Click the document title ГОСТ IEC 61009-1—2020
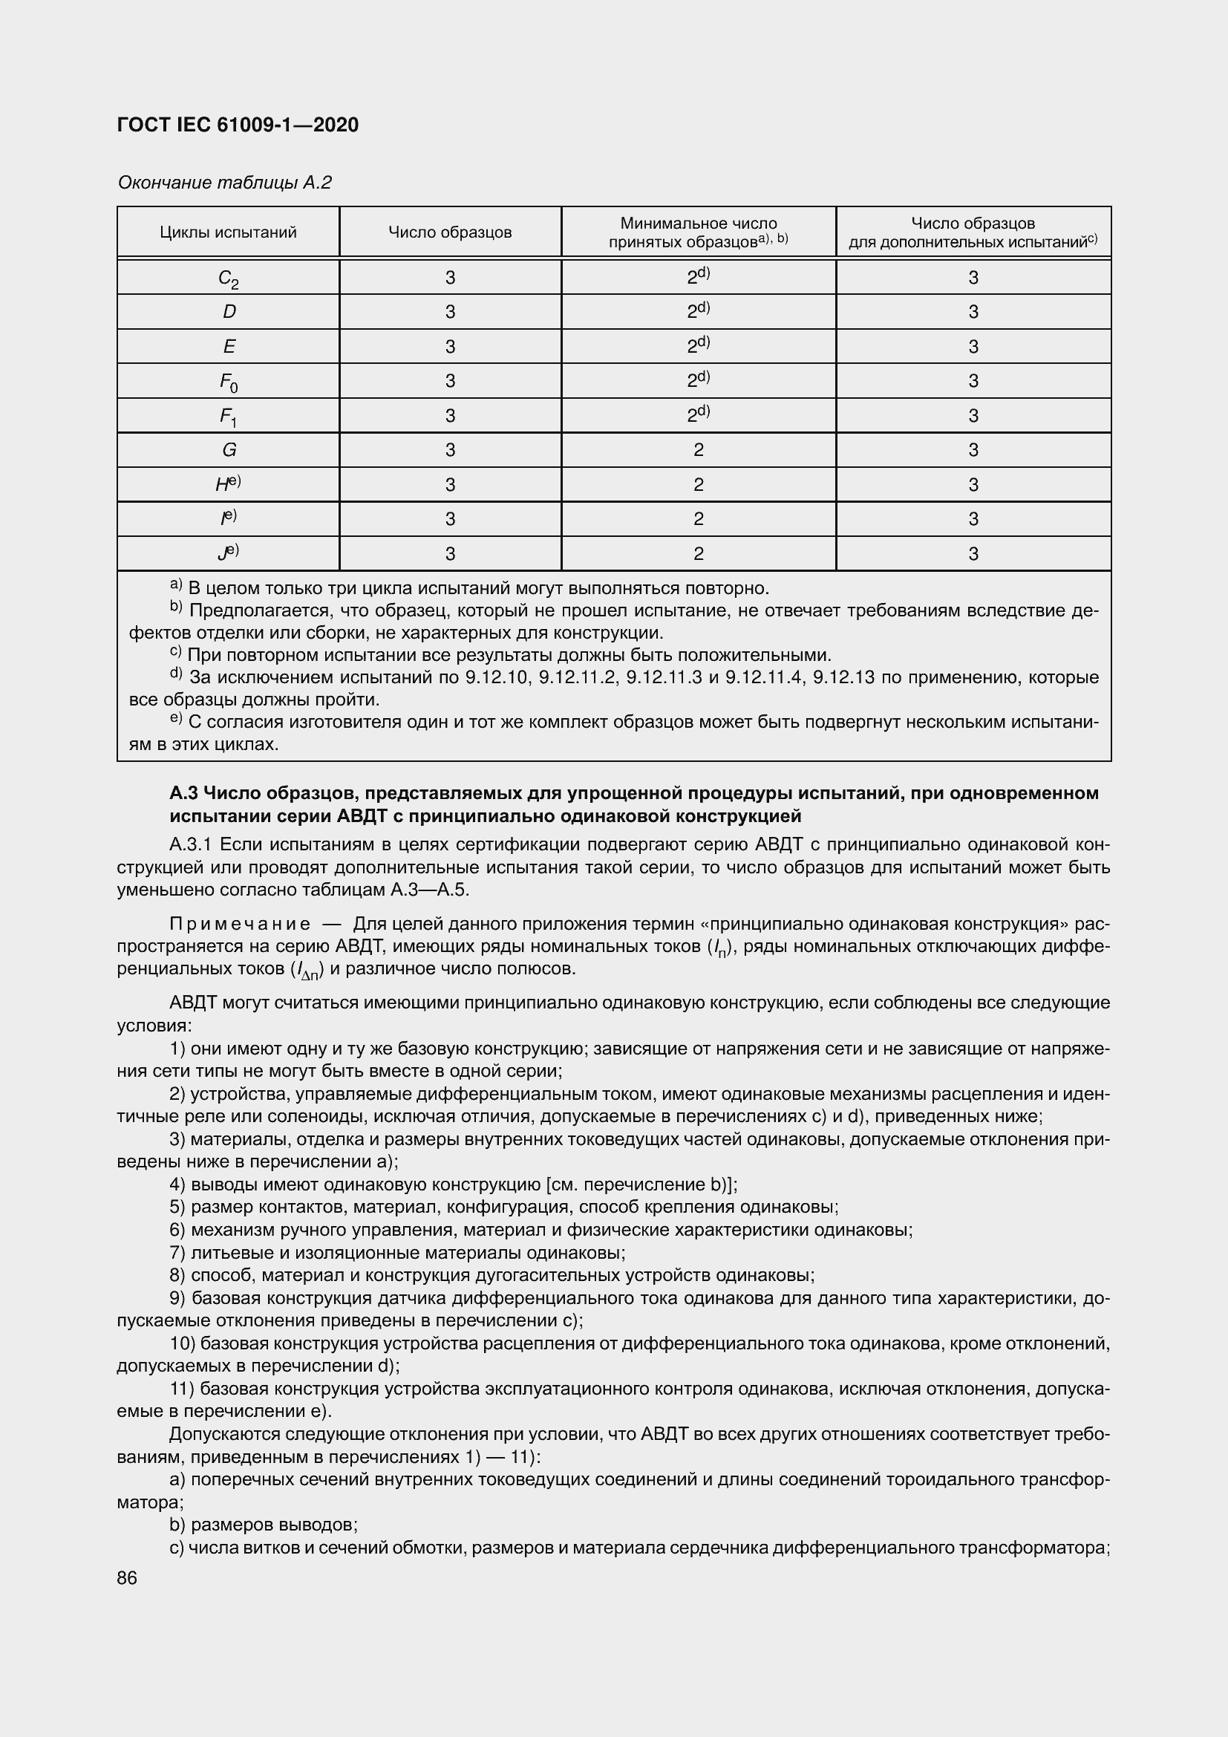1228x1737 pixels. pos(238,125)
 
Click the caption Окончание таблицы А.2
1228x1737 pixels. pos(224,183)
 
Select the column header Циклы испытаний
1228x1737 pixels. pos(228,232)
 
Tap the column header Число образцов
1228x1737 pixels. pos(450,232)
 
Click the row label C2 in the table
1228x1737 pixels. pos(229,278)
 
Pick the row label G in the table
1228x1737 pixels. pos(229,450)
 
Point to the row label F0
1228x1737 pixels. pos(229,382)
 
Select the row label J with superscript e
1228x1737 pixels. pos(229,553)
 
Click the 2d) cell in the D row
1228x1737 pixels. pos(698,311)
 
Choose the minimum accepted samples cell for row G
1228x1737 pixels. pos(698,450)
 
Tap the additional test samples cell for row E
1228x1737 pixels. pos(973,347)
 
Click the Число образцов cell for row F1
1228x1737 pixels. pos(450,415)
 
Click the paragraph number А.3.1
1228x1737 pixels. pos(192,844)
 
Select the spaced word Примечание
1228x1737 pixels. pos(239,924)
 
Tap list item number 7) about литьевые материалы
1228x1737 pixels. pos(178,1254)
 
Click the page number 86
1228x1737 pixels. pos(127,1578)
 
